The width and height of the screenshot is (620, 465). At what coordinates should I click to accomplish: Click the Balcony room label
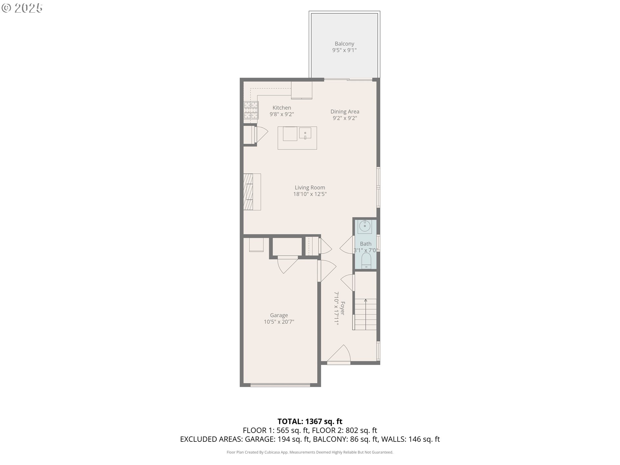click(x=344, y=44)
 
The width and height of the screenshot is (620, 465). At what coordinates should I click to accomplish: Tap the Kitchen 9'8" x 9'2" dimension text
click(x=282, y=114)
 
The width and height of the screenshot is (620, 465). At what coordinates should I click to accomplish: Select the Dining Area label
click(x=345, y=111)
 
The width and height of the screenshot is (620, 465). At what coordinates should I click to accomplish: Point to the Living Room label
click(x=310, y=188)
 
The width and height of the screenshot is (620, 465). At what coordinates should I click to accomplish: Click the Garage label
click(x=279, y=315)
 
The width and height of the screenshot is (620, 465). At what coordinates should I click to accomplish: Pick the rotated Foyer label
click(x=343, y=308)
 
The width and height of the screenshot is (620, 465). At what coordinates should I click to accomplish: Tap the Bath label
click(x=366, y=244)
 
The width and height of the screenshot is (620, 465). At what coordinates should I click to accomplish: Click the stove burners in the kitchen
click(x=251, y=111)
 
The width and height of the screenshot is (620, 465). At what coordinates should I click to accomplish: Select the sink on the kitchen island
click(x=305, y=133)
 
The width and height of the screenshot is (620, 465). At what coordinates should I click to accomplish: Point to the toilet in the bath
click(x=366, y=260)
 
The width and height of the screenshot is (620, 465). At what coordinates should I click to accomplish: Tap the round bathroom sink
click(x=365, y=226)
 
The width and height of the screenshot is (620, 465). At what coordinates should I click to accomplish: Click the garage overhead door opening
click(x=280, y=385)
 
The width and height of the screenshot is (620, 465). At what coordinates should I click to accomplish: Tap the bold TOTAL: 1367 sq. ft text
click(x=310, y=421)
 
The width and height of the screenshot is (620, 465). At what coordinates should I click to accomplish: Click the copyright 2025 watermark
click(x=22, y=8)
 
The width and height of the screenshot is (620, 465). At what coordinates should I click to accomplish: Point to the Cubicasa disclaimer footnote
click(x=310, y=452)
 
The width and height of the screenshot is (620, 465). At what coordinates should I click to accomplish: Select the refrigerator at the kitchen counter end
click(x=302, y=90)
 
